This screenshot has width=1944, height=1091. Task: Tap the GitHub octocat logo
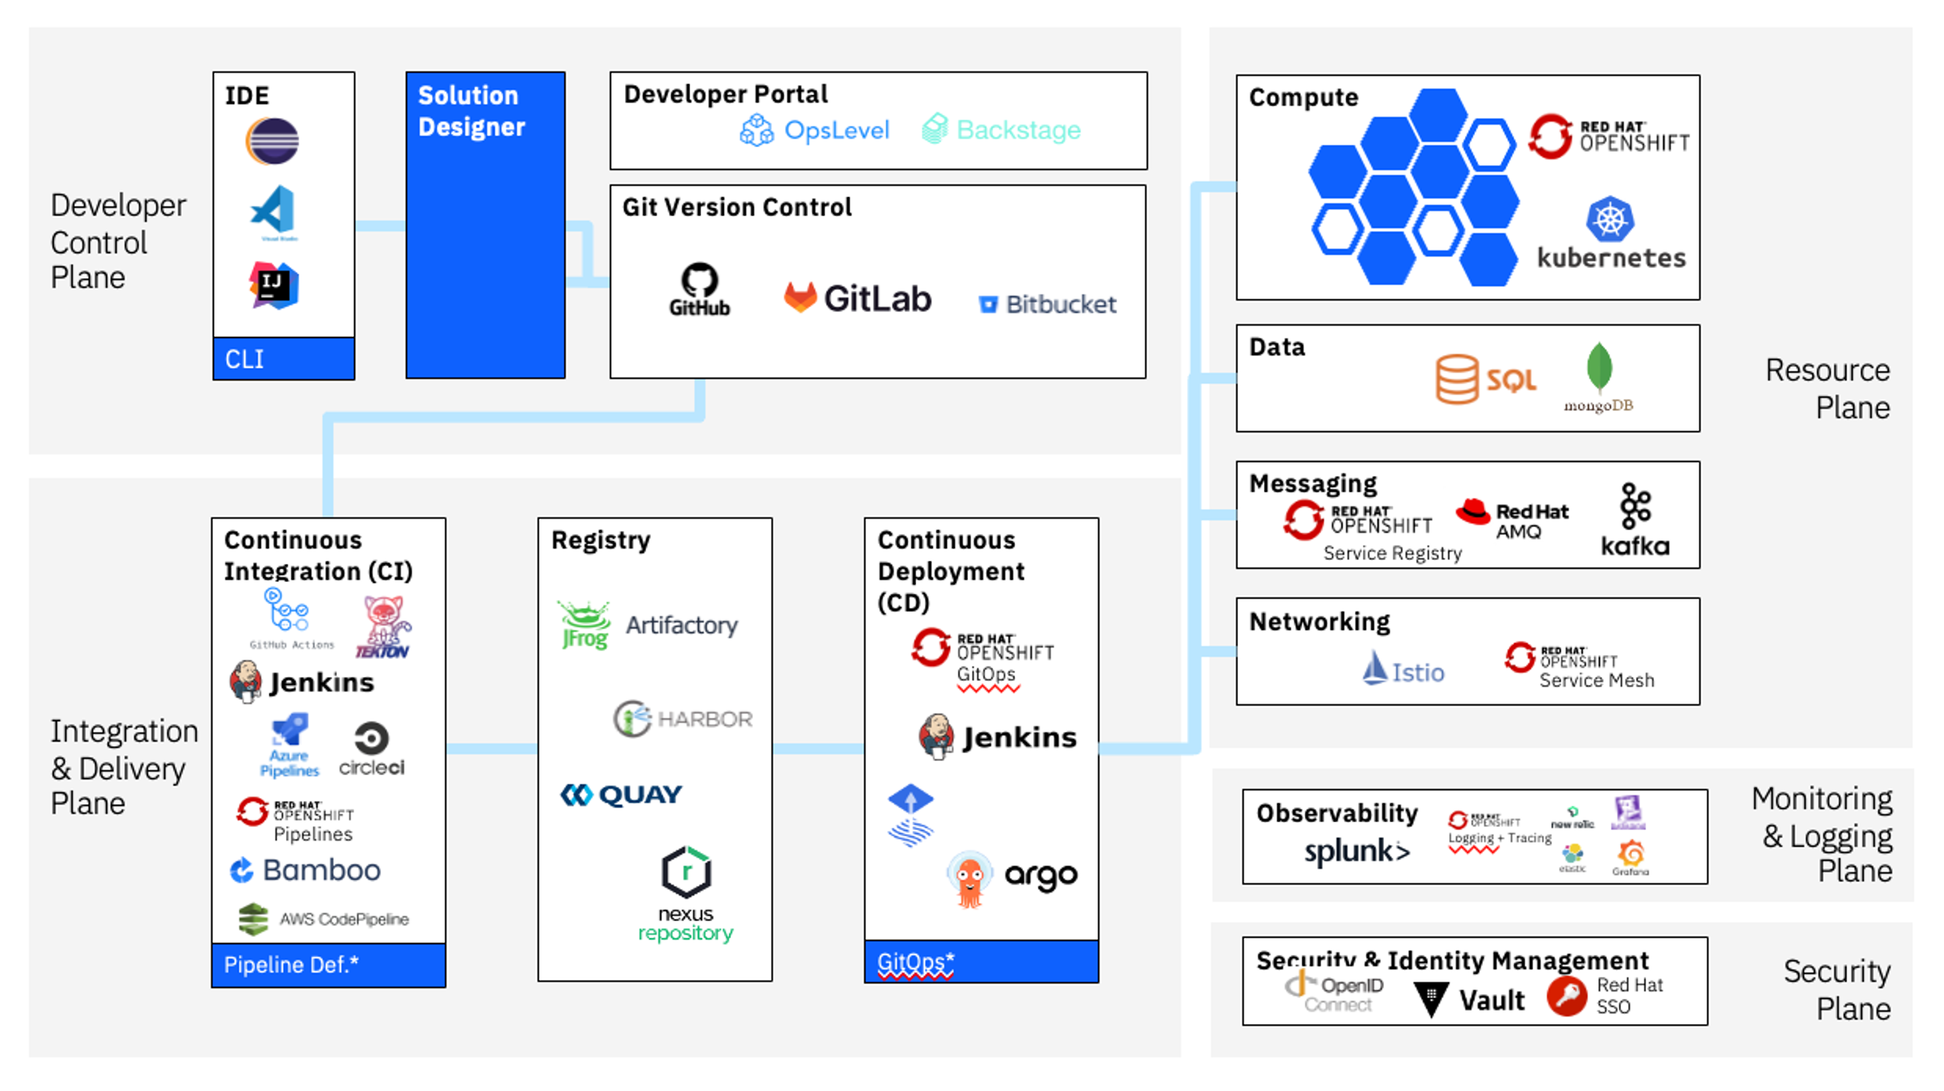pos(699,281)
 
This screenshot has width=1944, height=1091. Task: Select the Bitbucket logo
pos(1048,304)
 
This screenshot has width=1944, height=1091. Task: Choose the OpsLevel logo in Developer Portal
pos(815,130)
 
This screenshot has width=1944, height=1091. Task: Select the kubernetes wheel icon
pos(1610,220)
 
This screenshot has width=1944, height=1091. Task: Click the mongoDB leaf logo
pos(1598,368)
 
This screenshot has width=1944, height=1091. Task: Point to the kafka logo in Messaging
pos(1635,521)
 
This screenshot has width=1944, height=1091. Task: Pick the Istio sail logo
pos(1375,668)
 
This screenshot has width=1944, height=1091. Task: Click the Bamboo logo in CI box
pos(305,870)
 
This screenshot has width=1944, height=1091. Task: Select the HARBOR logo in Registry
pos(682,719)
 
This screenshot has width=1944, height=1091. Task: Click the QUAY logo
pos(620,795)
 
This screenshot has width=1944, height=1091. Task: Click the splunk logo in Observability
pos(1356,851)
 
